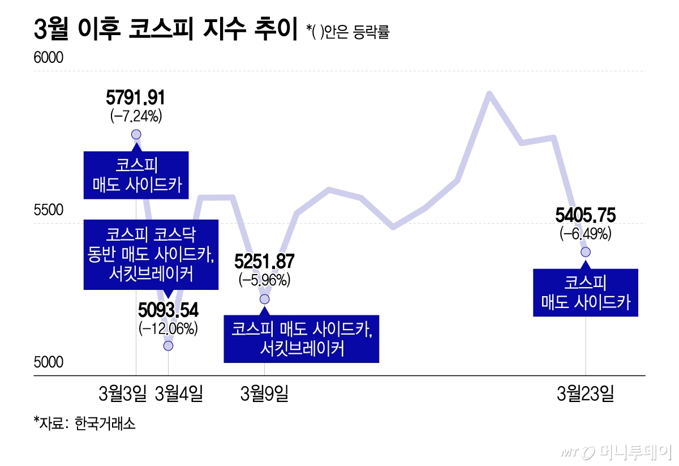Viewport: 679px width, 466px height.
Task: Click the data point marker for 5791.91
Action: point(136,134)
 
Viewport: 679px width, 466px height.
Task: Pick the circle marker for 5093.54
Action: point(168,345)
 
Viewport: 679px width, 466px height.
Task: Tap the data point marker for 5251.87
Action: point(264,299)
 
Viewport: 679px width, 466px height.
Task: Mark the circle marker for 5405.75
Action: point(586,251)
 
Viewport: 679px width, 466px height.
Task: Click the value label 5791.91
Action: point(136,98)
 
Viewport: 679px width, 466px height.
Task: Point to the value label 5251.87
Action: point(264,262)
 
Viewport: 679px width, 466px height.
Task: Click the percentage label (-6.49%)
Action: point(586,233)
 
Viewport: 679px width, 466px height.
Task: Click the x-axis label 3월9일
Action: point(264,393)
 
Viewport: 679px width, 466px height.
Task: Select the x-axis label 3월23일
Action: point(585,393)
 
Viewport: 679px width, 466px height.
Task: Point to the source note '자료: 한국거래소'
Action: point(85,423)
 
